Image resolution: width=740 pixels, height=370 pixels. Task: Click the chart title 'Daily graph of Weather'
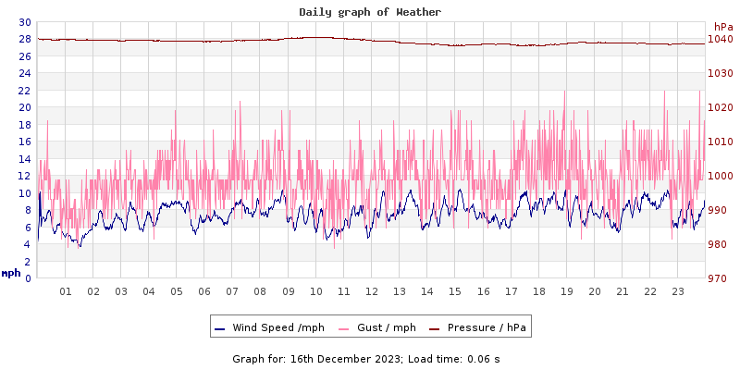coord(370,12)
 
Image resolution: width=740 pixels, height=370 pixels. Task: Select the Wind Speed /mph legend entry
coord(277,327)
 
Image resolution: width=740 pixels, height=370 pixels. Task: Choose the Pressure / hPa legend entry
coord(485,327)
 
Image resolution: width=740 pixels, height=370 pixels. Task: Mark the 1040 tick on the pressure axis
coord(720,39)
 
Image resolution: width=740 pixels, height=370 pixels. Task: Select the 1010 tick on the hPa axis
coord(720,142)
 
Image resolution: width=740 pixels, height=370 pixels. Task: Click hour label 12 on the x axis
coord(372,291)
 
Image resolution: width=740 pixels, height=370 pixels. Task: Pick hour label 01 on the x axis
coord(66,291)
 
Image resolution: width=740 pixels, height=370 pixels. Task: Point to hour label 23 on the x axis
coord(678,291)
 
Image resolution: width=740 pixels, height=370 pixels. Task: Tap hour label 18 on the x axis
coord(539,291)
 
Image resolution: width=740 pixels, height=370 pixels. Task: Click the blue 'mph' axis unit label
coord(11,273)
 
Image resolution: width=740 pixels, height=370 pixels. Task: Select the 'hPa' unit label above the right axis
coord(722,27)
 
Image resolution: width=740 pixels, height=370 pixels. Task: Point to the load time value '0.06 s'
coord(484,359)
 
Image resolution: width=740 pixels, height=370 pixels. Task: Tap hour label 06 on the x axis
coord(204,291)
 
